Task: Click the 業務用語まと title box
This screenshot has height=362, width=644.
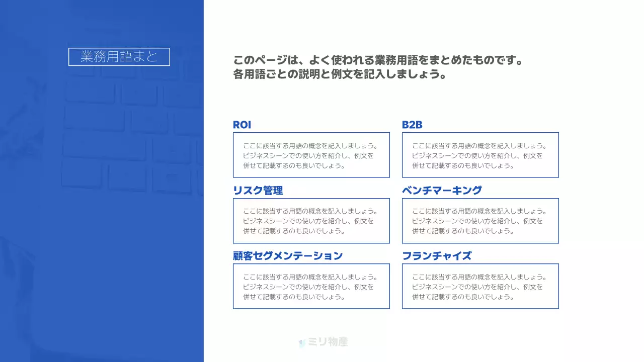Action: pos(119,57)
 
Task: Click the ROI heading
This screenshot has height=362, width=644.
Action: pos(242,125)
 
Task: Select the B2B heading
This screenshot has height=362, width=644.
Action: pos(412,125)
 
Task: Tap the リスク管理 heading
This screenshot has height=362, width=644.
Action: pos(258,191)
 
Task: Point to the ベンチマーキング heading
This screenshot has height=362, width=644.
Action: pos(442,191)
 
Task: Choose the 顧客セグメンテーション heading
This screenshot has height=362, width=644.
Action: pos(288,256)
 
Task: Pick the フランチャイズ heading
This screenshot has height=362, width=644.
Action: pos(437,256)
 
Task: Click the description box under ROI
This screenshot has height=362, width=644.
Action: pos(311,155)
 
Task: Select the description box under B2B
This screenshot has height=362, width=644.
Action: pos(480,155)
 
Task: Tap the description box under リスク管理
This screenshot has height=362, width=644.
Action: pos(311,221)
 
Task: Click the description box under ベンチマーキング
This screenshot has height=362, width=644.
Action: pos(480,221)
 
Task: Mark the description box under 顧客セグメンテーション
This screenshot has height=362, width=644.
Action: pos(311,286)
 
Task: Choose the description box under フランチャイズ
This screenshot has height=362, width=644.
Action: pos(480,286)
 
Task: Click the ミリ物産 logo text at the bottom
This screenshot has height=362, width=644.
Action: pos(328,342)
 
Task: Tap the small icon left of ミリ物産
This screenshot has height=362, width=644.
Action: pos(302,343)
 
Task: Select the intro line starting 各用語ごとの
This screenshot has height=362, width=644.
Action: pos(340,75)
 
